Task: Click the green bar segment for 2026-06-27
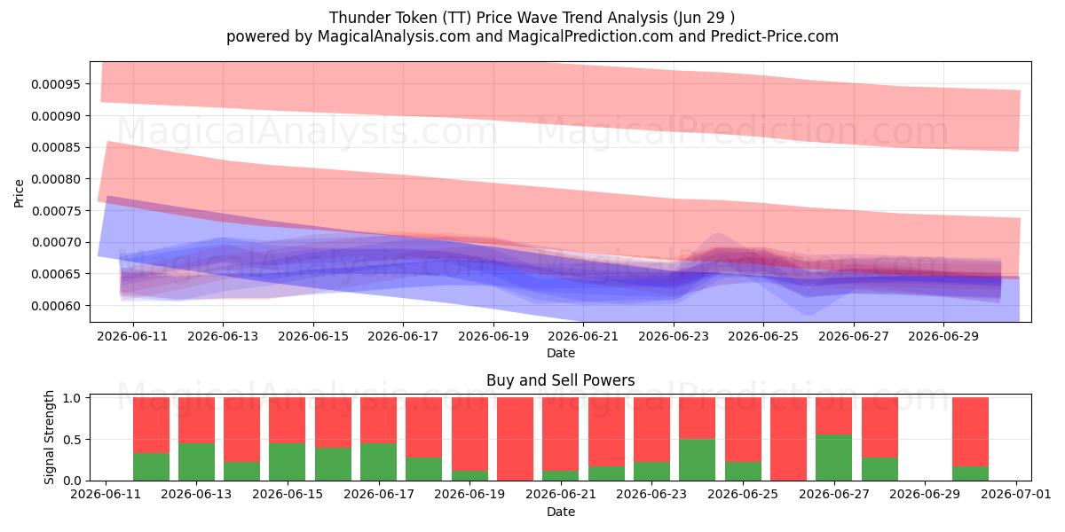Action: tap(834, 458)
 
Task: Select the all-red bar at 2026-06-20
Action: tap(516, 439)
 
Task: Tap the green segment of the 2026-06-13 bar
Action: tap(196, 462)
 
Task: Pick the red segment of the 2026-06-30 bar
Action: tap(970, 432)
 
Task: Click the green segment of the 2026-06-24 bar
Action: tap(697, 460)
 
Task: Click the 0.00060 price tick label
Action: tap(56, 306)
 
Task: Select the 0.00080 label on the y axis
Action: tap(56, 179)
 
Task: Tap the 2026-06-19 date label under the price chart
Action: tap(493, 336)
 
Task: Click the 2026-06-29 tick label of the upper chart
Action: tap(943, 336)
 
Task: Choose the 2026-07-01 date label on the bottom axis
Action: tap(1016, 495)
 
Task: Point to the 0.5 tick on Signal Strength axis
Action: tap(72, 440)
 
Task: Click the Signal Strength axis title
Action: tap(49, 437)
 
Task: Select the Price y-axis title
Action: tap(19, 193)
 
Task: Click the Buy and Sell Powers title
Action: tap(561, 380)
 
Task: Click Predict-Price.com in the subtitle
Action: tap(775, 36)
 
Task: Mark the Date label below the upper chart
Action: tap(561, 353)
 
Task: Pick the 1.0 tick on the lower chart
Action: tap(72, 398)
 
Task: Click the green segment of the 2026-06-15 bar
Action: tap(288, 462)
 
